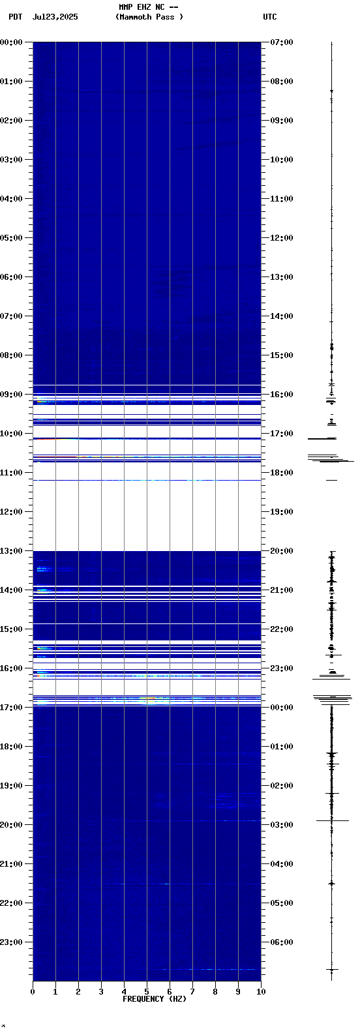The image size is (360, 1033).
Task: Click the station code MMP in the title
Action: pos(125,7)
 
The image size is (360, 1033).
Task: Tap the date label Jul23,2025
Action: pos(55,17)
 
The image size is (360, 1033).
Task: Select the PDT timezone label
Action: pos(15,17)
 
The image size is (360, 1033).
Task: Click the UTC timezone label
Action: pos(269,17)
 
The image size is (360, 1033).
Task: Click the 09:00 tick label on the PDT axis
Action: pos(12,395)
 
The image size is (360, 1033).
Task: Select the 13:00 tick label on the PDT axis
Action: pos(12,551)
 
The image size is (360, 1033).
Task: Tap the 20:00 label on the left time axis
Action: pos(12,825)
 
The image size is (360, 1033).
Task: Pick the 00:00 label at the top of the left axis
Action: pos(12,42)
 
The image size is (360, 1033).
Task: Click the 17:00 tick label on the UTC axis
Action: pos(281,434)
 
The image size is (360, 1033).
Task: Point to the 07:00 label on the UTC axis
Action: pos(281,42)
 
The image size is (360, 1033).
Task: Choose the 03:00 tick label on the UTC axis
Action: pos(281,825)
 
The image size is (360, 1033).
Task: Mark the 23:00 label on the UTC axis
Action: pos(281,668)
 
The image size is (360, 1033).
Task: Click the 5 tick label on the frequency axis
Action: pos(147,992)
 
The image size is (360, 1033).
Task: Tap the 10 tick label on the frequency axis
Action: pos(261,992)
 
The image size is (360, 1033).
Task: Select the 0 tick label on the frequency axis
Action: pos(33,992)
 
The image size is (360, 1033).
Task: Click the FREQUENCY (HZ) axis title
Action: pos(155,999)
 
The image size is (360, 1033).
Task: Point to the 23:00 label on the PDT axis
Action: pos(12,942)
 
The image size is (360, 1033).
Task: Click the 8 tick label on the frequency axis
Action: pos(215,992)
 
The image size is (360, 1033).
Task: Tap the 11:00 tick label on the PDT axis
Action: pos(12,473)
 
